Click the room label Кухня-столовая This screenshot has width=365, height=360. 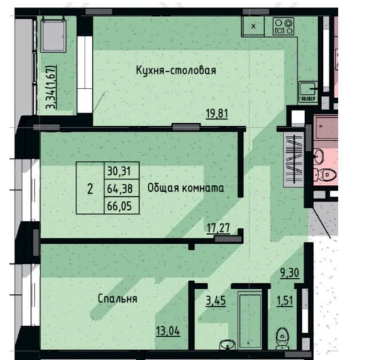point(176,70)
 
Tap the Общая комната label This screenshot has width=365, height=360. point(185,188)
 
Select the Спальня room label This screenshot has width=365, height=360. point(117,298)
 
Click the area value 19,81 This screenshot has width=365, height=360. point(217,114)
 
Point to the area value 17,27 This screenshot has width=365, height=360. point(218,228)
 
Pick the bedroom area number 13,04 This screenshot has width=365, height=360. point(168,331)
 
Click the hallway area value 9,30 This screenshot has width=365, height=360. point(289,273)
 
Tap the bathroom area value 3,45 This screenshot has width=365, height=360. point(216,301)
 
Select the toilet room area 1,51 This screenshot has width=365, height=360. point(285,301)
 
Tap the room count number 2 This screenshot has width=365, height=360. point(90,189)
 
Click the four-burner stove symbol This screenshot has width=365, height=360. point(283,26)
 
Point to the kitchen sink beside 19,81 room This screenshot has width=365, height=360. point(308,92)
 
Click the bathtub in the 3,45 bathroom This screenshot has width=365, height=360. point(250,321)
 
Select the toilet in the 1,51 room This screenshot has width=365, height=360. point(282,339)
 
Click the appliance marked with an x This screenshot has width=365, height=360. point(253,26)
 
